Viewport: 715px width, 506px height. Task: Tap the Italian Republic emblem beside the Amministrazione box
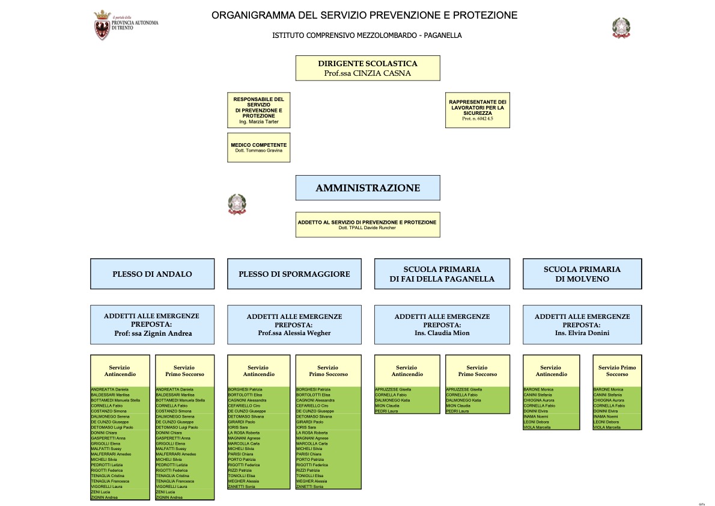(237, 205)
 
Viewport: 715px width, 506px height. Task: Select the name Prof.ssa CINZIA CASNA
(367, 73)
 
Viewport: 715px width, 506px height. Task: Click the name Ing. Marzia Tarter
(258, 122)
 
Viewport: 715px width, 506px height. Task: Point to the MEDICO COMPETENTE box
(258, 147)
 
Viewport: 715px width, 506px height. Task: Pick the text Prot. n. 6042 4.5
(477, 119)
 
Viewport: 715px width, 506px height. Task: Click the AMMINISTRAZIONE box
(367, 188)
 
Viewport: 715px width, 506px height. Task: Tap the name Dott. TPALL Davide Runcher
(367, 227)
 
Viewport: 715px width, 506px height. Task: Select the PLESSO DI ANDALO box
(152, 274)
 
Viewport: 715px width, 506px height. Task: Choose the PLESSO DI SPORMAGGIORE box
(294, 274)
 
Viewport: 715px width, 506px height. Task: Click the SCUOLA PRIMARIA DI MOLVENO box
(582, 274)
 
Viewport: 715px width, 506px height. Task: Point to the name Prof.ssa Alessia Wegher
(294, 333)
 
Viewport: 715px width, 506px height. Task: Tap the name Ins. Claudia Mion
(442, 333)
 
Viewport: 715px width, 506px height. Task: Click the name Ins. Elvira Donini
(582, 333)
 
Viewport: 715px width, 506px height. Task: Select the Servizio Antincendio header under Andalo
(119, 371)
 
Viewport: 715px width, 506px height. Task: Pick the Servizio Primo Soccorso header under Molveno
(617, 371)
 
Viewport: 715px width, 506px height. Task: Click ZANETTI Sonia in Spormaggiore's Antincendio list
(242, 486)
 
